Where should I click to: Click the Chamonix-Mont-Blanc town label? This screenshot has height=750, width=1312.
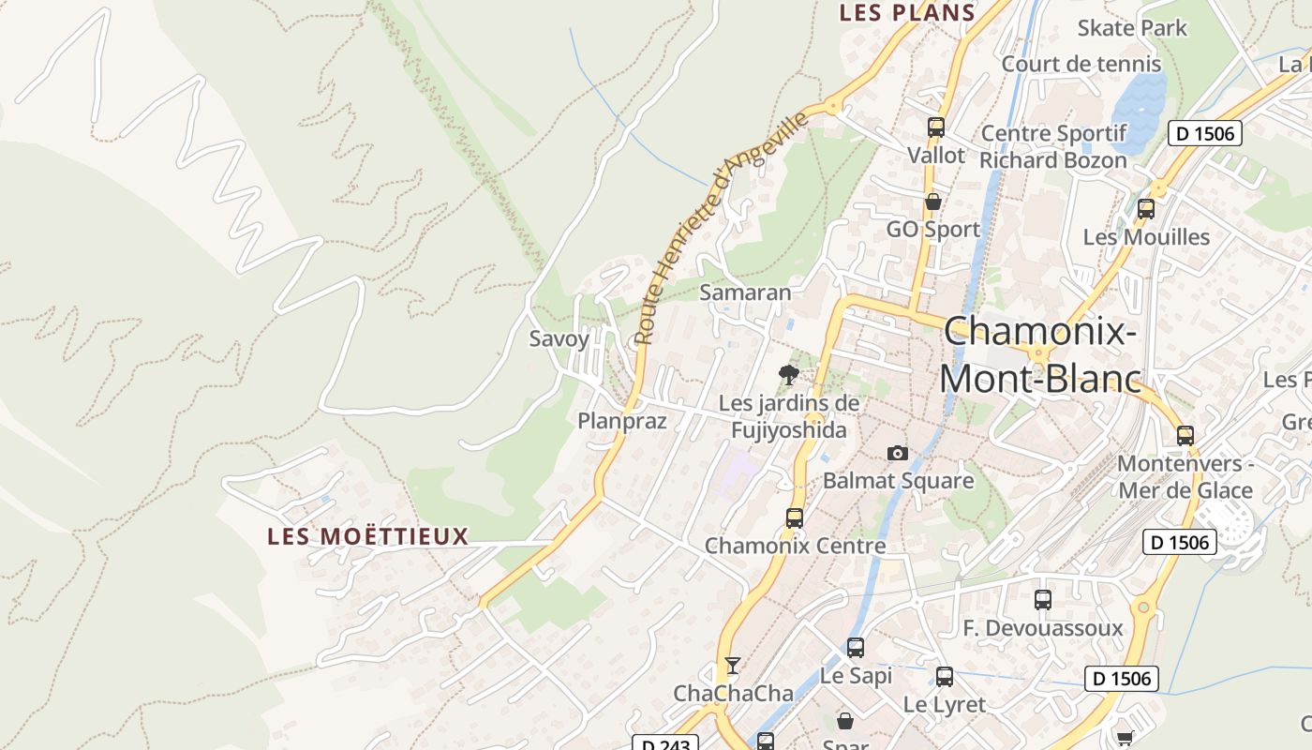(x=1040, y=354)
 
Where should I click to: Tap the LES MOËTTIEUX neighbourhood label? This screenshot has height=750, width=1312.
(x=367, y=536)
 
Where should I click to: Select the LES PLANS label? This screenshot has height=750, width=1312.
(x=907, y=12)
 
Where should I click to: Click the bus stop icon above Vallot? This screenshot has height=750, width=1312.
(x=935, y=127)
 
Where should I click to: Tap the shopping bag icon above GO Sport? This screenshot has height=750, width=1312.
(x=933, y=202)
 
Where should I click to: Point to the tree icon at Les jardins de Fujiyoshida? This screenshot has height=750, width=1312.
(x=789, y=375)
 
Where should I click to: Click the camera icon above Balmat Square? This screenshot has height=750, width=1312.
(x=898, y=453)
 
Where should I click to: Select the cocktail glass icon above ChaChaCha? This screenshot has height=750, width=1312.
(x=733, y=666)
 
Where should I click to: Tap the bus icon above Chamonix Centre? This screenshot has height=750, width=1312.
(x=795, y=517)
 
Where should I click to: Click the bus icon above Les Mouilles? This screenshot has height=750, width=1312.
(x=1145, y=209)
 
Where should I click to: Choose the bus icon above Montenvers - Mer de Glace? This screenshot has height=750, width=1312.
(x=1185, y=435)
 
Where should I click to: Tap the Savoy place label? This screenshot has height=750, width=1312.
(x=559, y=338)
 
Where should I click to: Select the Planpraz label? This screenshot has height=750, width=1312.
(x=622, y=421)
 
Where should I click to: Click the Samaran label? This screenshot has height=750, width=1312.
(x=746, y=292)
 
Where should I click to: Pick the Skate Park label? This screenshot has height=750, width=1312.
(x=1132, y=28)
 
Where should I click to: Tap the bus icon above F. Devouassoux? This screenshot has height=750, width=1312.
(x=1043, y=599)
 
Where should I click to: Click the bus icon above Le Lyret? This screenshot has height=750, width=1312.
(x=945, y=676)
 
